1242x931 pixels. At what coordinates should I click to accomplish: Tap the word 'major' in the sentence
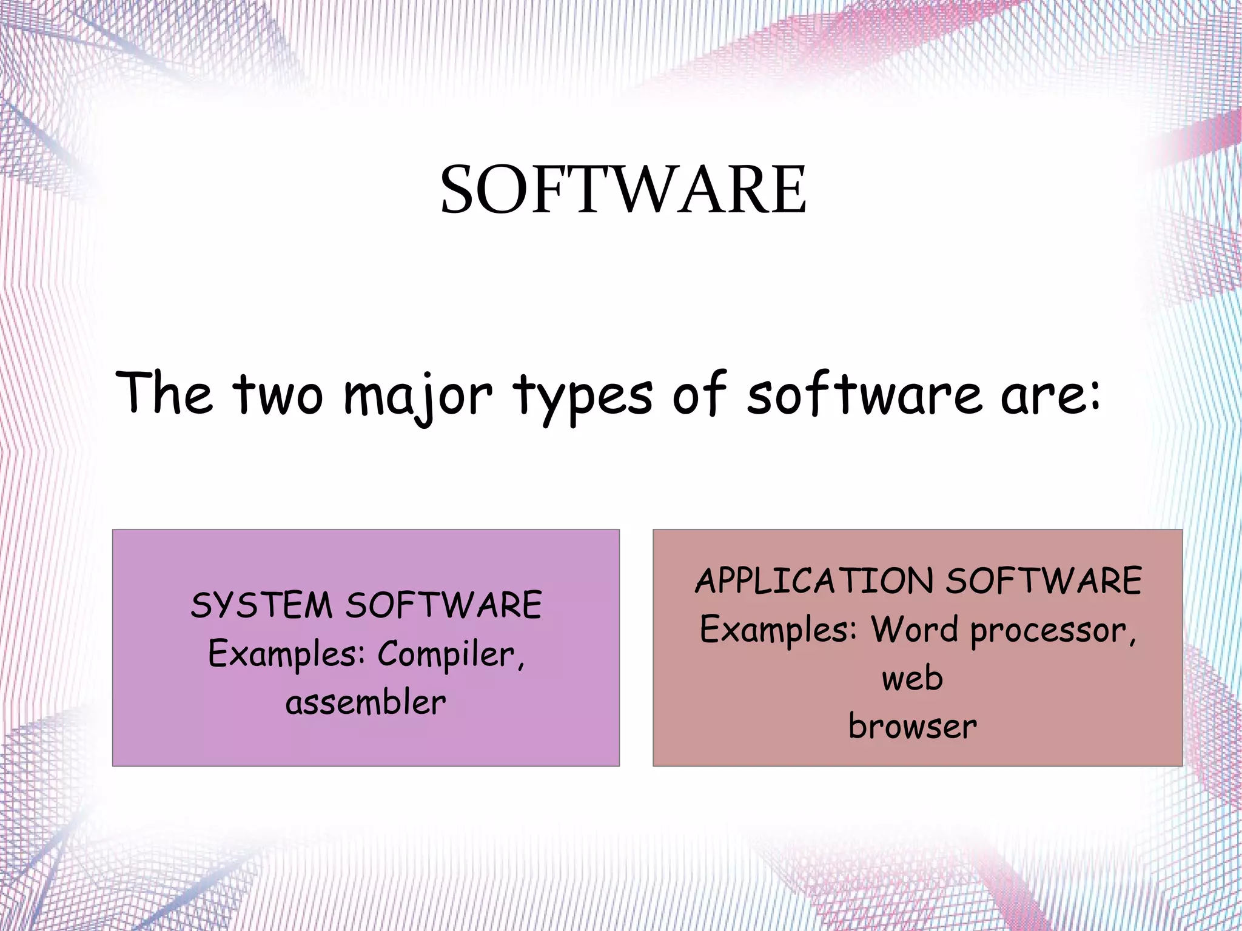pyautogui.click(x=418, y=395)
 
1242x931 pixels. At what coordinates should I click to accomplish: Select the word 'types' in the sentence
pyautogui.click(x=583, y=395)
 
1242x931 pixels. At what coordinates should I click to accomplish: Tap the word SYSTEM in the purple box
pyautogui.click(x=261, y=605)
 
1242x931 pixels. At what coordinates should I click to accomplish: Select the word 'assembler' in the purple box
pyautogui.click(x=366, y=703)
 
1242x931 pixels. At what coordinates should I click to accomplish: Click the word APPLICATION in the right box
pyautogui.click(x=814, y=581)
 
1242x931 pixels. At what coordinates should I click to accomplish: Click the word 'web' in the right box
pyautogui.click(x=912, y=678)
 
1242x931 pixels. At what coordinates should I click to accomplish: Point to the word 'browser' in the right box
pyautogui.click(x=913, y=727)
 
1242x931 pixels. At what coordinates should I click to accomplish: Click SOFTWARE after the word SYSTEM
pyautogui.click(x=443, y=605)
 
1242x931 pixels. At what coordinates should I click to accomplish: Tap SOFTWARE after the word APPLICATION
pyautogui.click(x=1044, y=581)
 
